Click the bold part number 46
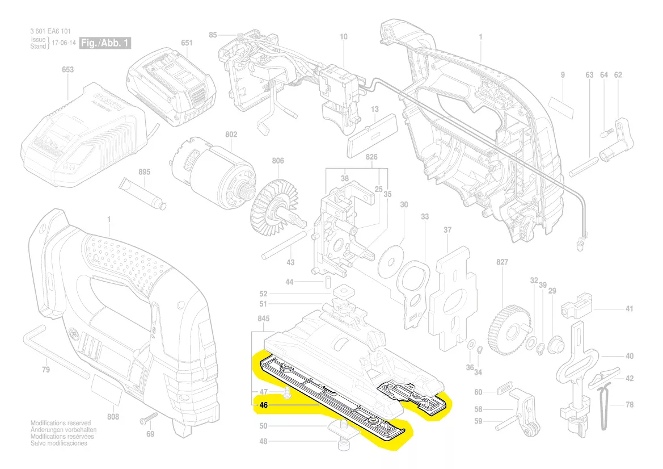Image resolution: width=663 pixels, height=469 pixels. click(x=263, y=405)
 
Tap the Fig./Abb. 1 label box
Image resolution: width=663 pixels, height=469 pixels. click(x=106, y=43)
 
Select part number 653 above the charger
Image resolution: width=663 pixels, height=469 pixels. click(x=67, y=70)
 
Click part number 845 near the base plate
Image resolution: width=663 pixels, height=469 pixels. click(x=264, y=319)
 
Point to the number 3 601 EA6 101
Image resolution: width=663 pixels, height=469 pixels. click(x=50, y=31)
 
